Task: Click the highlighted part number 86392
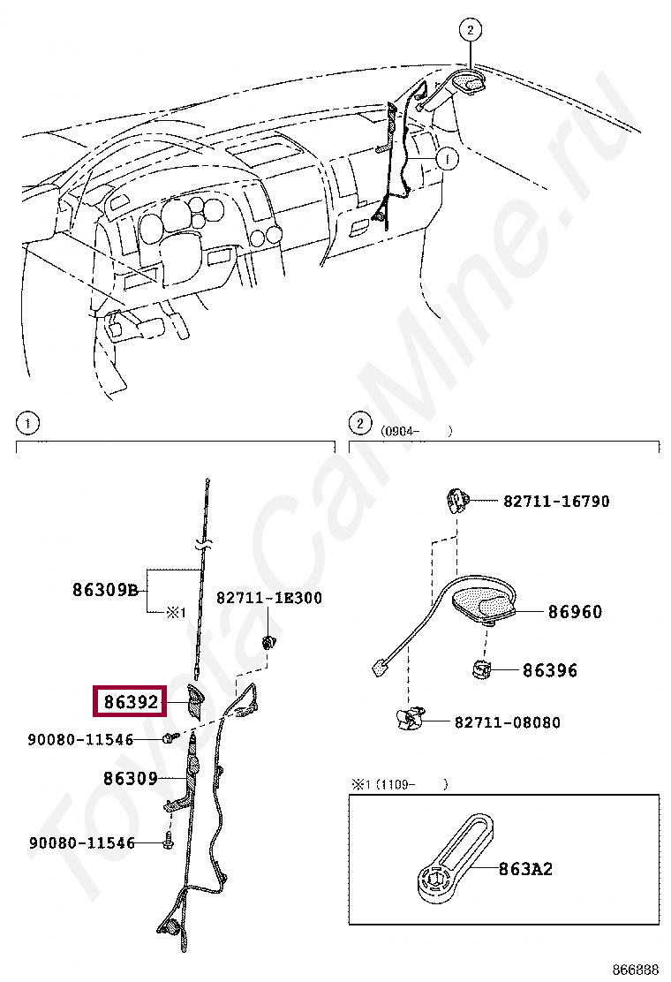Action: [x=130, y=702]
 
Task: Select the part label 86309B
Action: [x=105, y=590]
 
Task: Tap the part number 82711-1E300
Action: [x=269, y=598]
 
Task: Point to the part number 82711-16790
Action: [x=556, y=501]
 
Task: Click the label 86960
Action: [x=575, y=611]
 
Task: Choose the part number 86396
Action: [x=549, y=670]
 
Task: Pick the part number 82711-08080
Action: [x=507, y=722]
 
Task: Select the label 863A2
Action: [x=524, y=869]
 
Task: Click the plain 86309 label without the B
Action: [x=130, y=778]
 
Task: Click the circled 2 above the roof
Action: [x=471, y=30]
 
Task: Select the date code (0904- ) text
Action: [x=417, y=431]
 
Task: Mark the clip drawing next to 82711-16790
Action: [x=457, y=501]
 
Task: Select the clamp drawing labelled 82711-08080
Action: [x=408, y=719]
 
